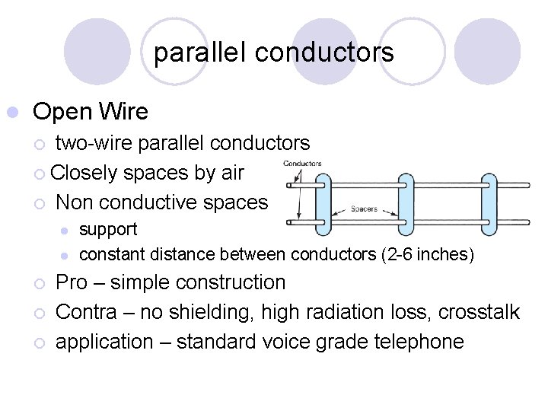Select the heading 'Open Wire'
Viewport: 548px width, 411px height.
pyautogui.click(x=91, y=112)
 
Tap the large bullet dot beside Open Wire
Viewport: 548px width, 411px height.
pyautogui.click(x=11, y=113)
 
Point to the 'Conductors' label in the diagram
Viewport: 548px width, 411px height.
pyautogui.click(x=302, y=163)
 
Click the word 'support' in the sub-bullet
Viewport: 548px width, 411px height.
pyautogui.click(x=108, y=229)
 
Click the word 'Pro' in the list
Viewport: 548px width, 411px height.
pyautogui.click(x=72, y=282)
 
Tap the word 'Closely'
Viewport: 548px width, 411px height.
pyautogui.click(x=84, y=173)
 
